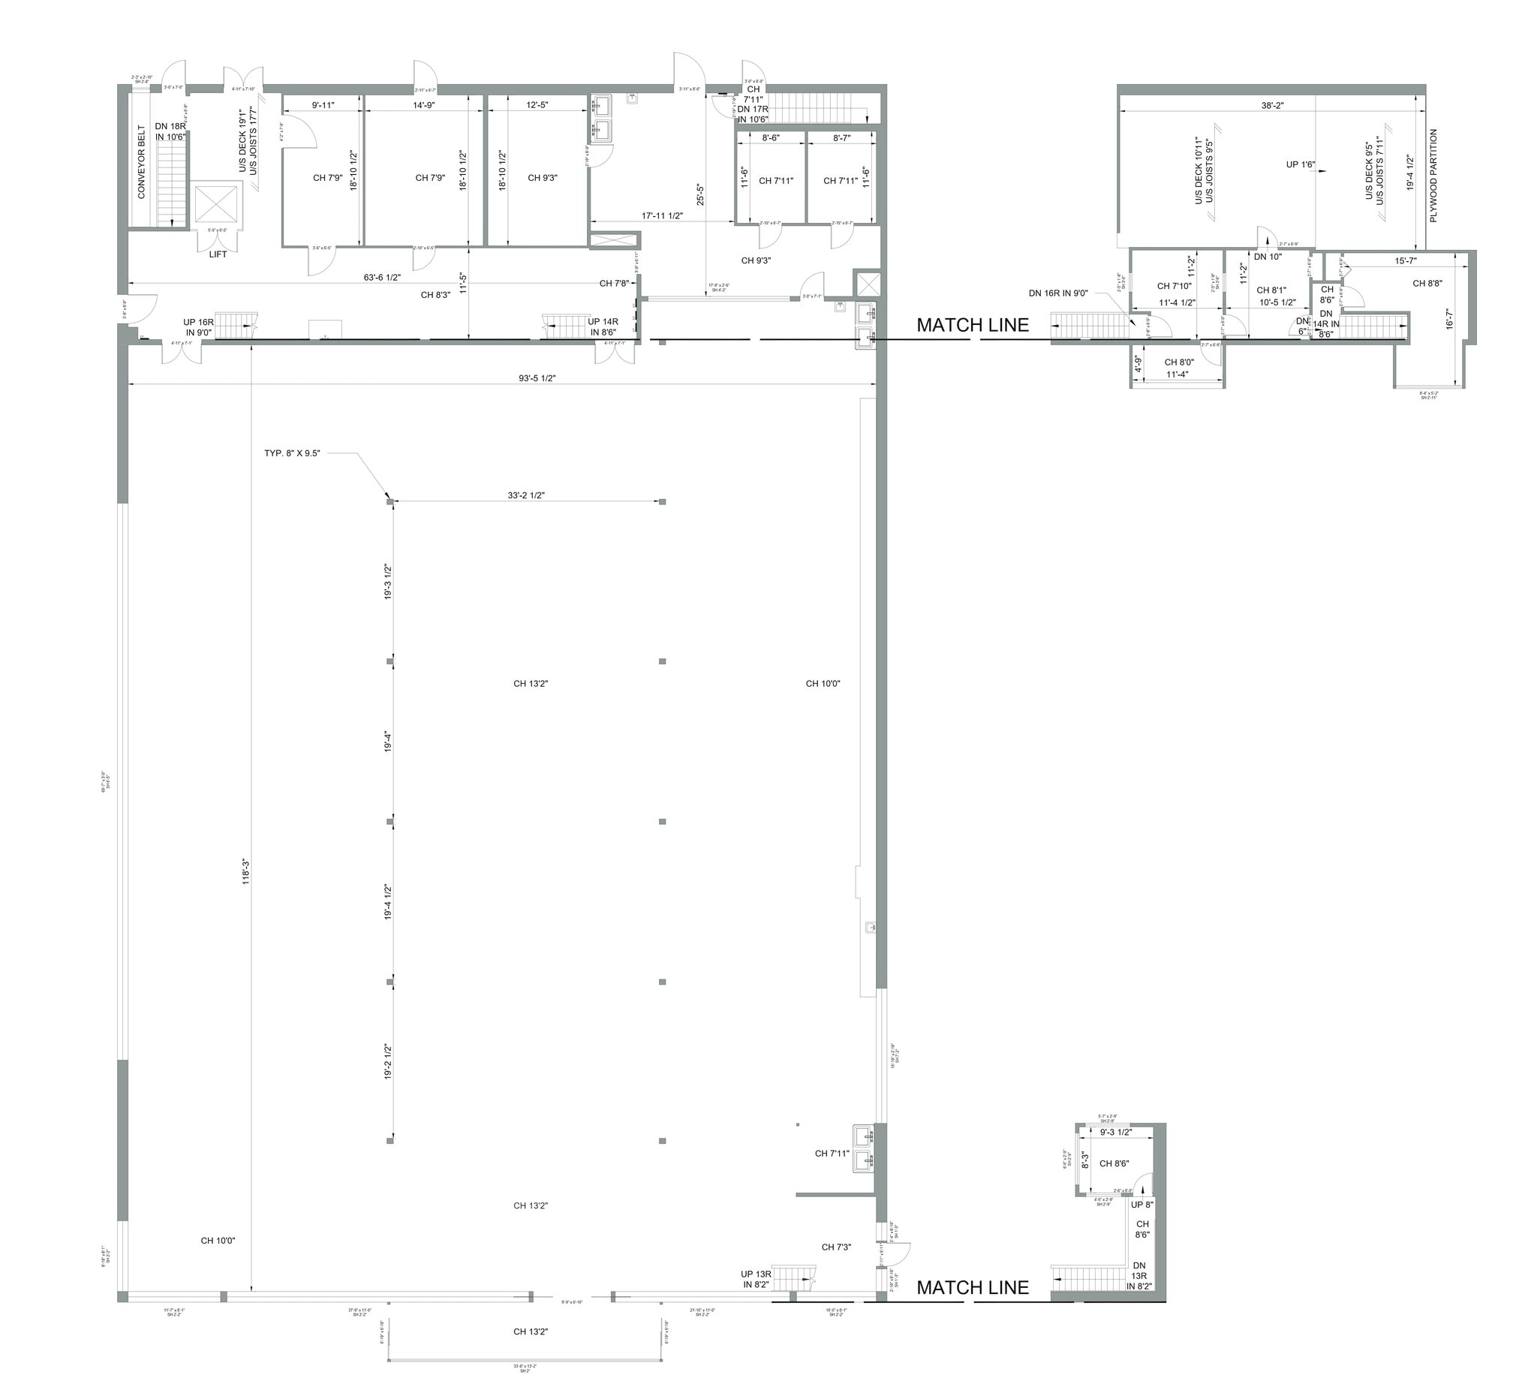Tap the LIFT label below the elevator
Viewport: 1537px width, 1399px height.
pos(218,254)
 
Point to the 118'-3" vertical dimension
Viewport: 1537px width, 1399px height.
pos(246,871)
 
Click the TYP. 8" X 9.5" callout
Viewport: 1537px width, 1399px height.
pos(292,453)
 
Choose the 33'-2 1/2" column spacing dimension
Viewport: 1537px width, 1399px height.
pos(526,495)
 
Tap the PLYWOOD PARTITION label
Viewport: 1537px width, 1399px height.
pos(1433,176)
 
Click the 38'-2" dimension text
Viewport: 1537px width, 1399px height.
pos(1272,106)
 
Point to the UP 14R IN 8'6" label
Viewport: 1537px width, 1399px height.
pos(603,327)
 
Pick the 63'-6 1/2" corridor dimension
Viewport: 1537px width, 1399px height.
pos(383,278)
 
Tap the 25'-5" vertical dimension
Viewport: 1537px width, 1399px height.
pos(700,194)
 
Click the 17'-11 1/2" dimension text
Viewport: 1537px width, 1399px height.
pos(662,215)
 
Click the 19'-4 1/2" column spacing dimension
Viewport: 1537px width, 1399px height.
pos(387,902)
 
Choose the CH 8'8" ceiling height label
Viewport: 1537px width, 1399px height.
pos(1427,284)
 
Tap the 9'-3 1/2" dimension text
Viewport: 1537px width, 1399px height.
pos(1115,1132)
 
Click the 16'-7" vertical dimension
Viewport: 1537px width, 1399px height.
pos(1450,312)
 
